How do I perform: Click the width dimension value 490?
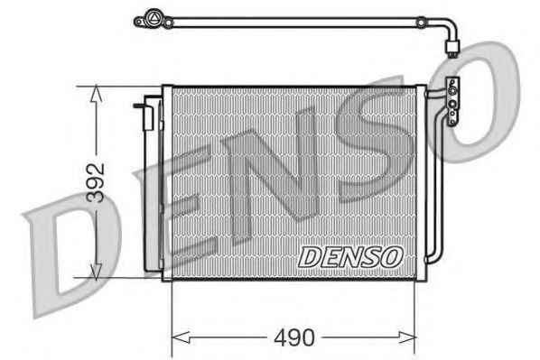click(x=295, y=338)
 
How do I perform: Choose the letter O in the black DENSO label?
click(x=391, y=256)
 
